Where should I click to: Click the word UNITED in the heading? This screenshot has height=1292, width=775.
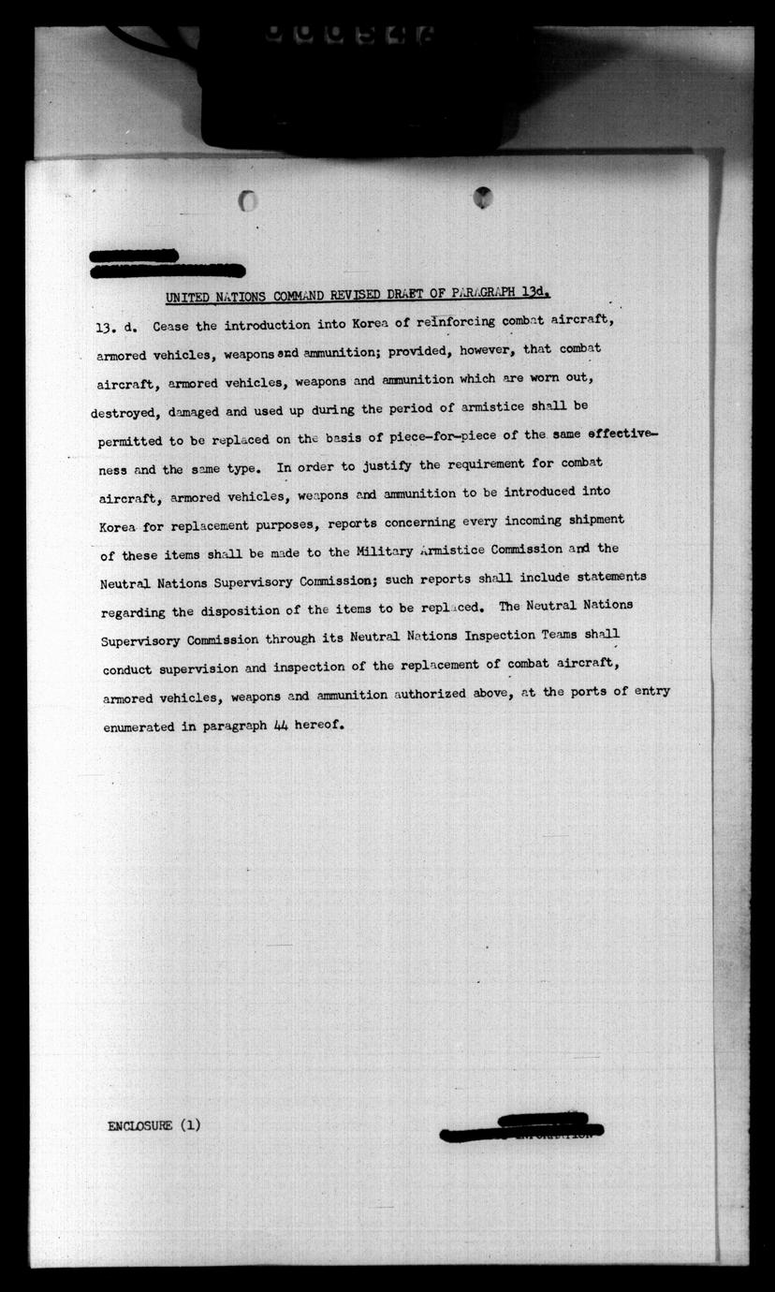point(186,298)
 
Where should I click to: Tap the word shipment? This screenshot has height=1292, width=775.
point(590,520)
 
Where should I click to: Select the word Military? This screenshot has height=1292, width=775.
point(386,550)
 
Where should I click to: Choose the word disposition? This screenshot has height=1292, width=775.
point(242,611)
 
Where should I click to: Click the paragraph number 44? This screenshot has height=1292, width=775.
point(280,726)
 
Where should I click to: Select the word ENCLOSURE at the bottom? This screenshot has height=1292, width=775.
point(140,1125)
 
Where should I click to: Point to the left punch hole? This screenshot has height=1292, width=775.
point(248,200)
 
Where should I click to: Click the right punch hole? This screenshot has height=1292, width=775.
point(482,197)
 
